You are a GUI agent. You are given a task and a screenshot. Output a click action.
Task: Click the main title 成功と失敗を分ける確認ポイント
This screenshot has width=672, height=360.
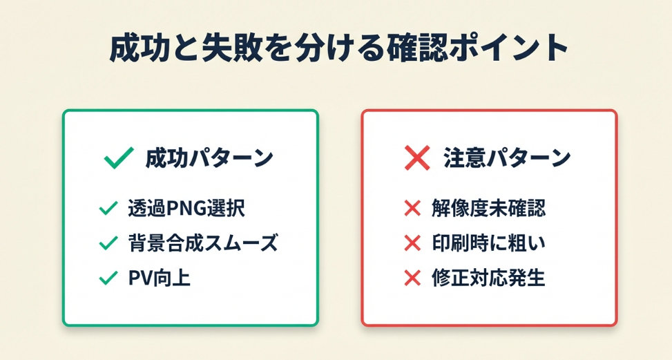[x=338, y=48]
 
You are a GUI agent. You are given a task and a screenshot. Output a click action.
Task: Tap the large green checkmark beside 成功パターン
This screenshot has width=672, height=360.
[x=118, y=158]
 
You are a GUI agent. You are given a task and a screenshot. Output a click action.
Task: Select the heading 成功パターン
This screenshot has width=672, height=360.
[x=209, y=158]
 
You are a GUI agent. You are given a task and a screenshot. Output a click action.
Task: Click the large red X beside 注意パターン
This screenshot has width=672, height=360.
[x=417, y=158]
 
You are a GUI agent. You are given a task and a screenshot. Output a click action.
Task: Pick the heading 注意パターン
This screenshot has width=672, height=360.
[x=507, y=158]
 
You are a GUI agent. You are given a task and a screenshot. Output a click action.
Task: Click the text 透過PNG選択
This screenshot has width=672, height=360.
[x=186, y=209]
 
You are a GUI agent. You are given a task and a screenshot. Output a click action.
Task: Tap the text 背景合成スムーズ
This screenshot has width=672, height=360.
[x=203, y=243]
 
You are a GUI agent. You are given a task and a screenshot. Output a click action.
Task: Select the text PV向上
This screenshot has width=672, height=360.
[x=159, y=278]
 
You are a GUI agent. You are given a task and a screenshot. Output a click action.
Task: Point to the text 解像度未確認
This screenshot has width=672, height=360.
[x=488, y=209]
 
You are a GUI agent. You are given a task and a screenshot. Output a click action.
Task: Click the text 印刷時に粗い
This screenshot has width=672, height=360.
[x=488, y=243]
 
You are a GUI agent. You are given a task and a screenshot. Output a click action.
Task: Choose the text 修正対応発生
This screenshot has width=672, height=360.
[x=488, y=278]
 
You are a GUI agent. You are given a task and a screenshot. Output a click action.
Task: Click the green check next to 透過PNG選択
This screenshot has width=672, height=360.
[x=108, y=208]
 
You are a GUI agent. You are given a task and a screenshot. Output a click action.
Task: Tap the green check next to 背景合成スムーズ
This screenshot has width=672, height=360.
[x=108, y=243]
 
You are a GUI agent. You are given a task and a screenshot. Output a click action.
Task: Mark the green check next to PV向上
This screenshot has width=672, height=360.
[x=108, y=278]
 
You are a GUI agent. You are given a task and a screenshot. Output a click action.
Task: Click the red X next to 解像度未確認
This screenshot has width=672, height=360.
[x=412, y=209]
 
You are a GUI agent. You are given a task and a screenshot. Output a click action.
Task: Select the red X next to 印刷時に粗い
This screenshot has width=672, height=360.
[x=412, y=243]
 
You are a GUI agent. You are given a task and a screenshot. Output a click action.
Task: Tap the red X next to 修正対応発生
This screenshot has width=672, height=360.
[x=412, y=278]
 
